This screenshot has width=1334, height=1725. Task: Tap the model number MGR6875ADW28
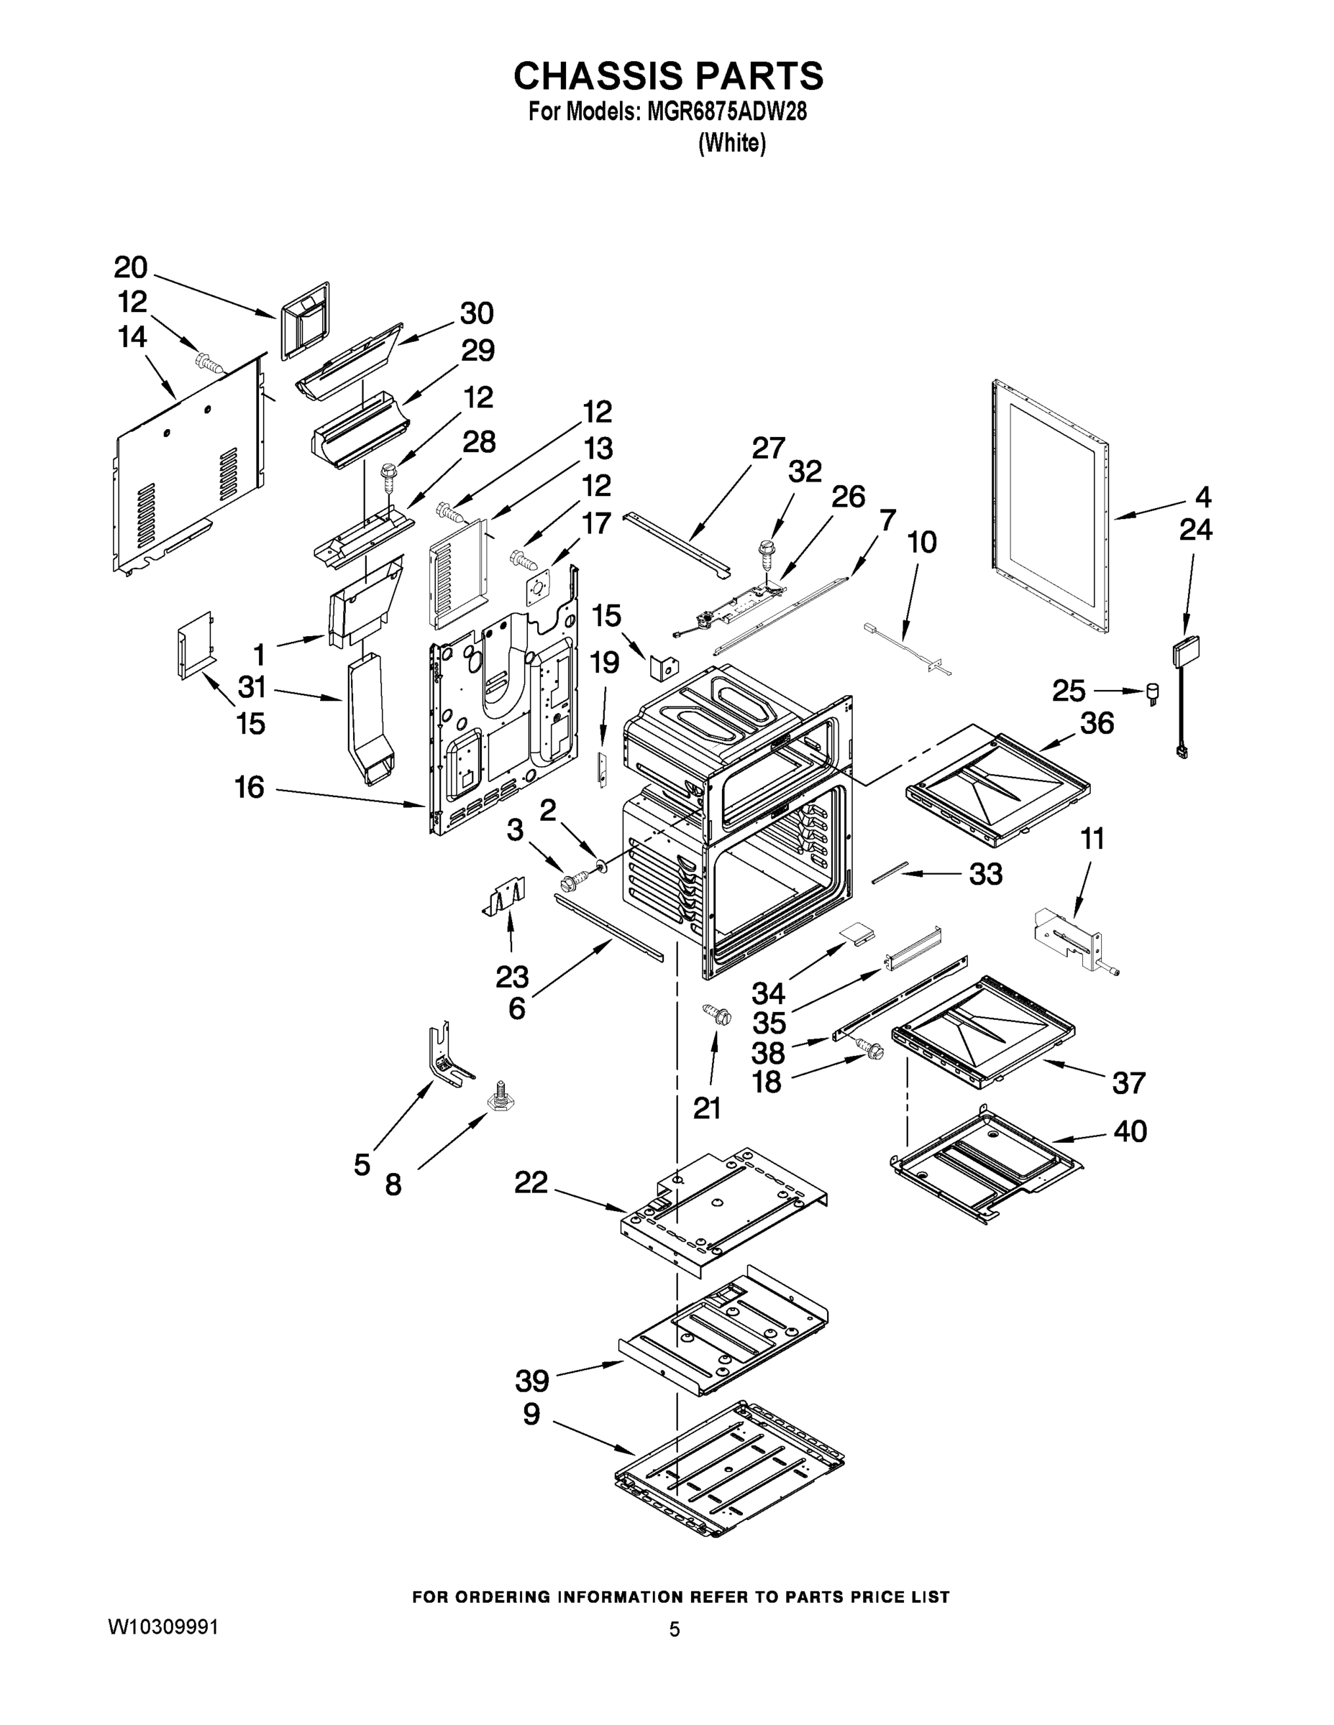click(726, 112)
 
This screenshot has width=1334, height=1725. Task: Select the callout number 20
click(130, 268)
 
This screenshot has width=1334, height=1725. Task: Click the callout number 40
click(1129, 1131)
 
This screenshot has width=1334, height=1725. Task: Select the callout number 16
click(250, 788)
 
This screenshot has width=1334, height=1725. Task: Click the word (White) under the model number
click(732, 144)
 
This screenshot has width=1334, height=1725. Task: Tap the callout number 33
click(985, 873)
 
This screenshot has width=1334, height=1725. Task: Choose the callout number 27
click(768, 448)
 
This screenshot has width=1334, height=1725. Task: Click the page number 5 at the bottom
click(674, 1629)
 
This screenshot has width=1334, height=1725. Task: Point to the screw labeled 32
click(767, 552)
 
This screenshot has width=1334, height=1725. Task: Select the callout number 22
click(531, 1182)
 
